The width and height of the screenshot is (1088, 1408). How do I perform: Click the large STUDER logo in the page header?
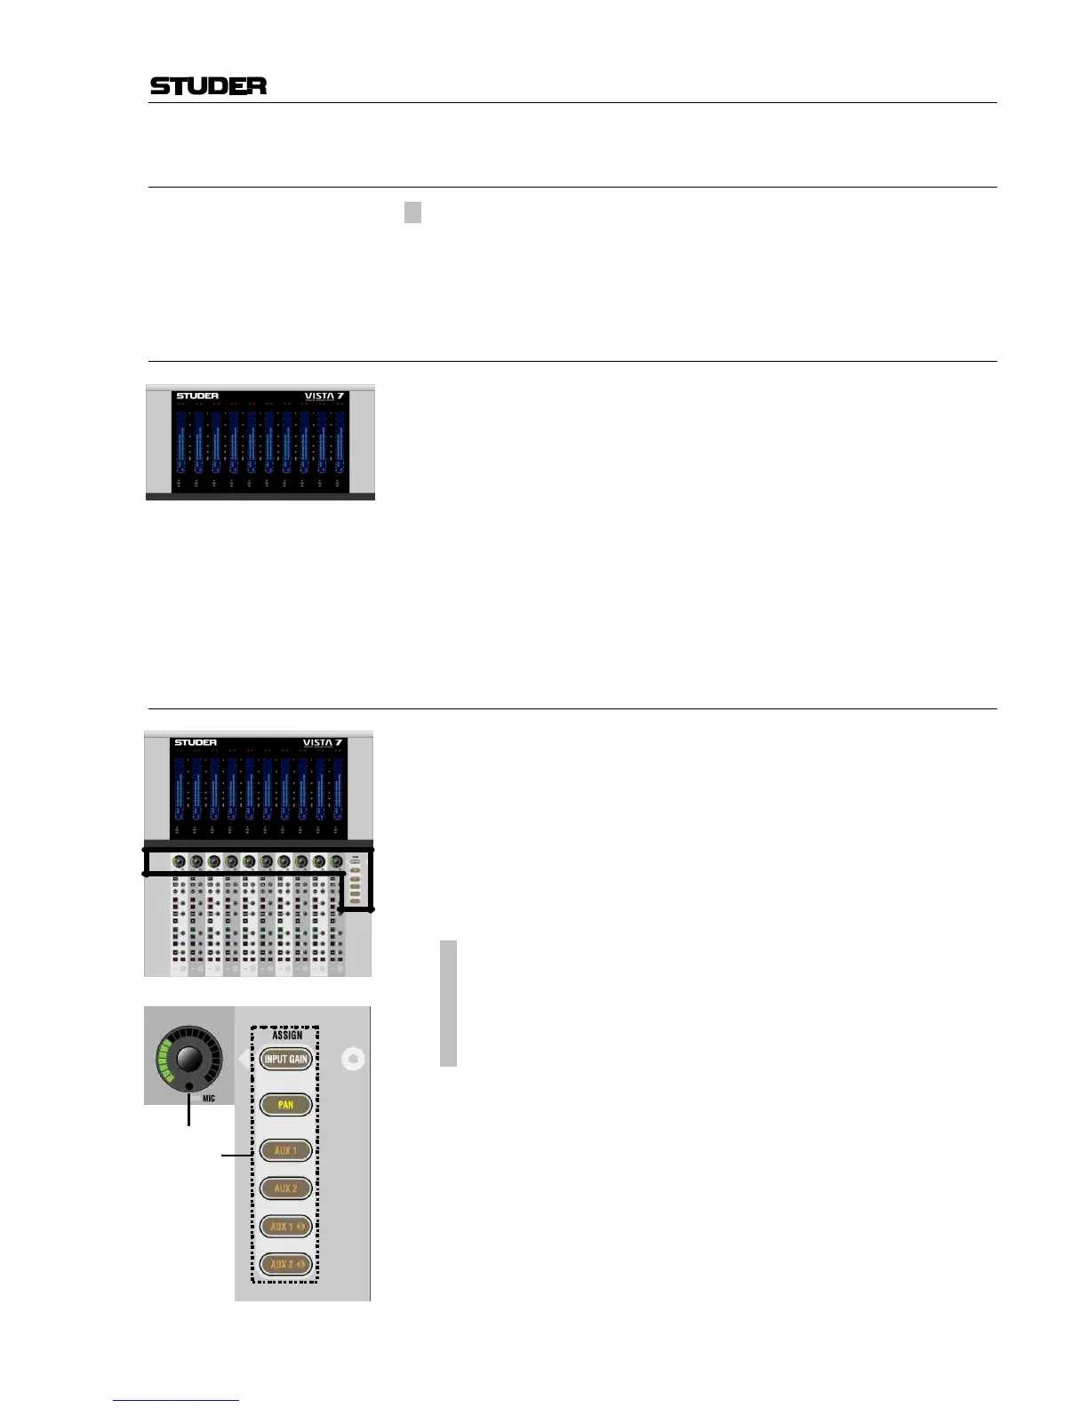pos(208,85)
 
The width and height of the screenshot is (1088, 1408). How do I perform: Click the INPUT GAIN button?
pos(285,1059)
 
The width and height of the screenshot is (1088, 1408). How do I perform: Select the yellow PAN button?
pos(285,1105)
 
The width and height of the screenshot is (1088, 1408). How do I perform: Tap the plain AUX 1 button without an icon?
pos(285,1150)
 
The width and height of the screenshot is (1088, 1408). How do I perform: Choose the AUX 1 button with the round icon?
pos(286,1227)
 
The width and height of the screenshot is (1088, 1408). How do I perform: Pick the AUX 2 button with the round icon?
pos(286,1264)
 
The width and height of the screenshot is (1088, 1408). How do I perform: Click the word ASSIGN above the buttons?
pos(287,1036)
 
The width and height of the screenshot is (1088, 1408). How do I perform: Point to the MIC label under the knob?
pos(209,1099)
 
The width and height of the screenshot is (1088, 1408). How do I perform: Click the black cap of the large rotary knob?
pos(189,1058)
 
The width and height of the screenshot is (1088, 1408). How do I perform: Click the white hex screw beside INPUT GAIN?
pos(354,1059)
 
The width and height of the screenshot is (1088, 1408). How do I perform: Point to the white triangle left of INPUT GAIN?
pos(244,1059)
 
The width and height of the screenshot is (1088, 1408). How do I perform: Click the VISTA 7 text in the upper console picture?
pos(323,396)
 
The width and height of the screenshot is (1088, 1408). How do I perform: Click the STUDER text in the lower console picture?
pos(196,742)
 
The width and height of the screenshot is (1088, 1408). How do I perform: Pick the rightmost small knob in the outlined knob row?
pos(336,861)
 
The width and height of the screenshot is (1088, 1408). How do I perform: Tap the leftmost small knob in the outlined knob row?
pos(179,861)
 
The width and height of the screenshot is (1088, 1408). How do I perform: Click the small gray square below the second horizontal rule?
pos(412,212)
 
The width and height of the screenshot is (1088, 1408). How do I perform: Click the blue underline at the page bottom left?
pos(176,1400)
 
